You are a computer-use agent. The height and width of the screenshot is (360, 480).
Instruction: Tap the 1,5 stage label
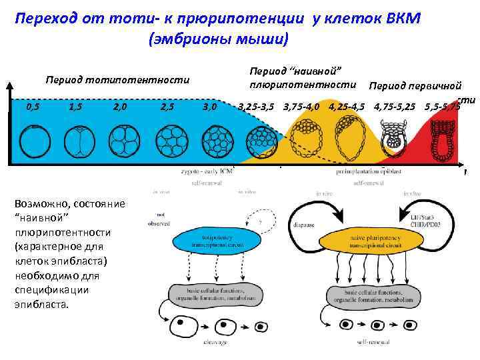76,107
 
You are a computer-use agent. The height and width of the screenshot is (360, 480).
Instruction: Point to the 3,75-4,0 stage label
301,107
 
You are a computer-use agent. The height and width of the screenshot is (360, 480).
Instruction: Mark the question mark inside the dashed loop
258,222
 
